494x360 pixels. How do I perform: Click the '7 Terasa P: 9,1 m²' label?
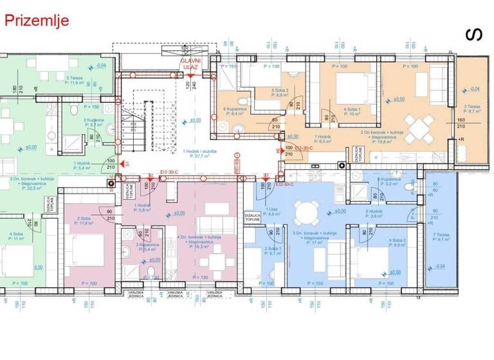(442, 239)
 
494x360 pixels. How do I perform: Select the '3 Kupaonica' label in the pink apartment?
(148, 247)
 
